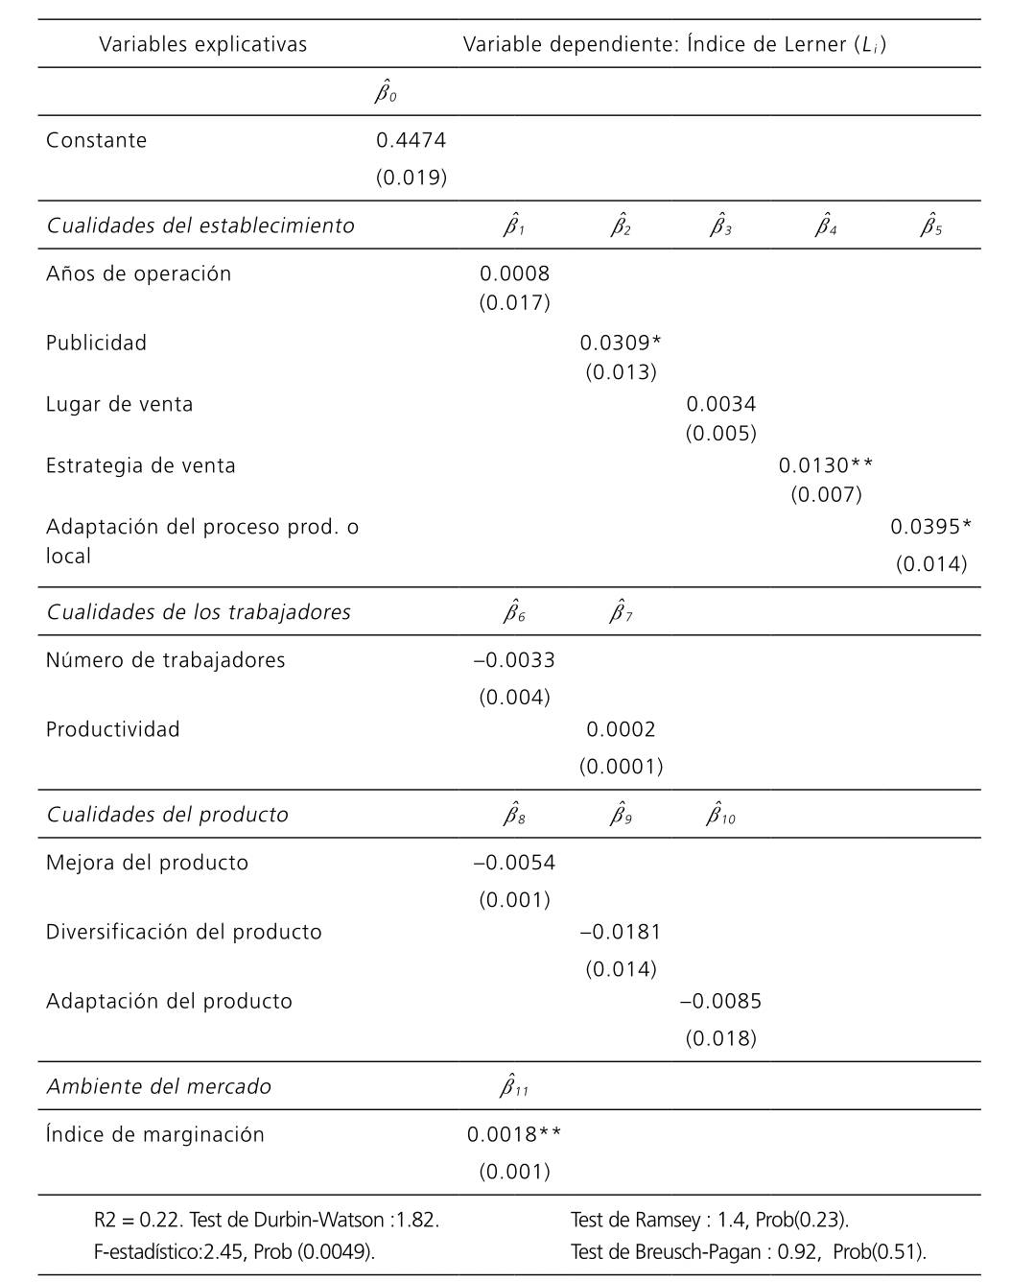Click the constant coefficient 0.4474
411,140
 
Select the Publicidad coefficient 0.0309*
620,343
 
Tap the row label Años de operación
138,273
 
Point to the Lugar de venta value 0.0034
720,404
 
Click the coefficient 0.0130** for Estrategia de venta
825,465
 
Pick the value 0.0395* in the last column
929,526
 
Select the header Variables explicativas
202,44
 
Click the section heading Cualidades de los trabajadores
199,612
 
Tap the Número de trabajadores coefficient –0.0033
514,660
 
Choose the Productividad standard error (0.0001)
621,766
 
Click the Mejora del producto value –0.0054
514,863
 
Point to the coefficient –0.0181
621,932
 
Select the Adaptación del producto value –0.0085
720,1001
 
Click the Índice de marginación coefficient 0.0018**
514,1134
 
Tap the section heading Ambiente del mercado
159,1086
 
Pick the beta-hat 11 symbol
514,1085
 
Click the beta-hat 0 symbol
386,92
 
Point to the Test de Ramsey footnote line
709,1220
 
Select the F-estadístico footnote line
234,1251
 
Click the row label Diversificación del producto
183,932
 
